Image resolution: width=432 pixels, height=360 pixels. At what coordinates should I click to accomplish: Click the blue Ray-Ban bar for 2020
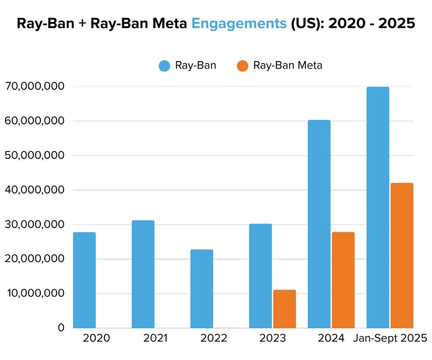coord(84,280)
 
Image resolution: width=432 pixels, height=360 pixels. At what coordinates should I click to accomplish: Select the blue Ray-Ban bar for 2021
coord(143,274)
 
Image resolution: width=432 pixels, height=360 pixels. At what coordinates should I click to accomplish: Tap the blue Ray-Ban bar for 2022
coord(202,289)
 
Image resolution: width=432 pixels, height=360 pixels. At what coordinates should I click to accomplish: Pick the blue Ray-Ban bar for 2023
coord(260,276)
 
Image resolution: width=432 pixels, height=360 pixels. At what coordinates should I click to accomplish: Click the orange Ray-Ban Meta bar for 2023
coord(284,309)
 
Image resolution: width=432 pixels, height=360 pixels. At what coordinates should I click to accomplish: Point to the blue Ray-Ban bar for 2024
coord(319,224)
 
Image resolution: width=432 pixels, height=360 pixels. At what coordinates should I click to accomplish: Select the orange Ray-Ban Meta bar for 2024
coord(343,280)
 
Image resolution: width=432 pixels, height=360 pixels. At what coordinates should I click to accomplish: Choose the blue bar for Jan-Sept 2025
coord(378,207)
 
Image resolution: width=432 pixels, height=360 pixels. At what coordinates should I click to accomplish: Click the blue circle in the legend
coord(165,66)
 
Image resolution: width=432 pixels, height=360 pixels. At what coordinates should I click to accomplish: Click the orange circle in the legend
coord(242,66)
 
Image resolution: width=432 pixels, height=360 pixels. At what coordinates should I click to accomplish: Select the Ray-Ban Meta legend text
coord(287,66)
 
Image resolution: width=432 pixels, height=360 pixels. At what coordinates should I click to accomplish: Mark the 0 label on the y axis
coord(61,327)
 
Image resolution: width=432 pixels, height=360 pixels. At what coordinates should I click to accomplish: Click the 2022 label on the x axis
coord(214,338)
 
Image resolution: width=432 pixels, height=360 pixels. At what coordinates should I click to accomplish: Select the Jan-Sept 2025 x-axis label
coord(390,338)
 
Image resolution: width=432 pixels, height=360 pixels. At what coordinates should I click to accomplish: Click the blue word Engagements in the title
coord(238,24)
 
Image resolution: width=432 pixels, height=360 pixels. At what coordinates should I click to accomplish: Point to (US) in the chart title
coord(306,24)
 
